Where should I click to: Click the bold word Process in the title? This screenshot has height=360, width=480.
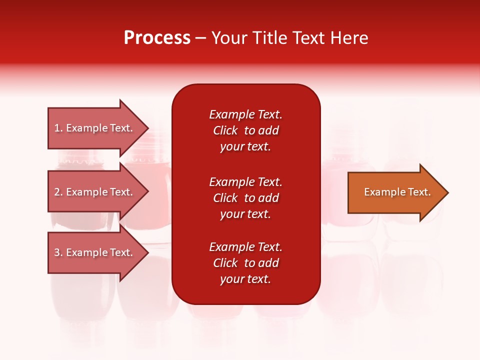click(157, 38)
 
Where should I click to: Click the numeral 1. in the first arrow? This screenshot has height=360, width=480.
click(58, 128)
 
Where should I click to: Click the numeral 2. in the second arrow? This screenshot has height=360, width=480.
click(58, 192)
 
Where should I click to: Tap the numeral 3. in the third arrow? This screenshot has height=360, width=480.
click(58, 252)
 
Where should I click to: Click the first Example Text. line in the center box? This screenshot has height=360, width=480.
click(245, 114)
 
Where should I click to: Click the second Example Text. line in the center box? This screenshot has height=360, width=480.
click(245, 182)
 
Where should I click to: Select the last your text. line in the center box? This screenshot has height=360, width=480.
click(245, 279)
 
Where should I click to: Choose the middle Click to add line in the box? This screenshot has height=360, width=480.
click(245, 198)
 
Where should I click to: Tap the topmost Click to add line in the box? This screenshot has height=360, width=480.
click(245, 130)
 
